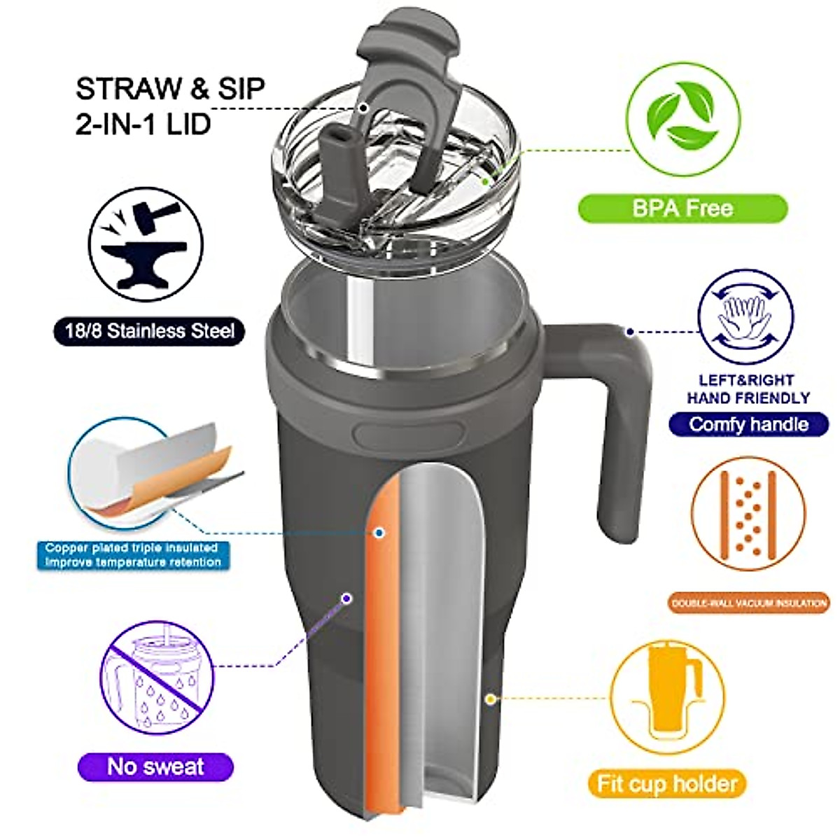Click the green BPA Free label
tap(682, 209)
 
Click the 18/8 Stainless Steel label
tap(150, 330)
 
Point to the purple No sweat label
tap(155, 766)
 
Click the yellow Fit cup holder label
tap(667, 783)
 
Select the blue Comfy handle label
tap(748, 424)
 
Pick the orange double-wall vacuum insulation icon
tap(748, 515)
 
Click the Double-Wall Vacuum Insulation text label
tap(748, 603)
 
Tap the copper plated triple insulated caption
tap(133, 555)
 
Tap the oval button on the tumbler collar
tap(409, 433)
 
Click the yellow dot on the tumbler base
tap(491, 699)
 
